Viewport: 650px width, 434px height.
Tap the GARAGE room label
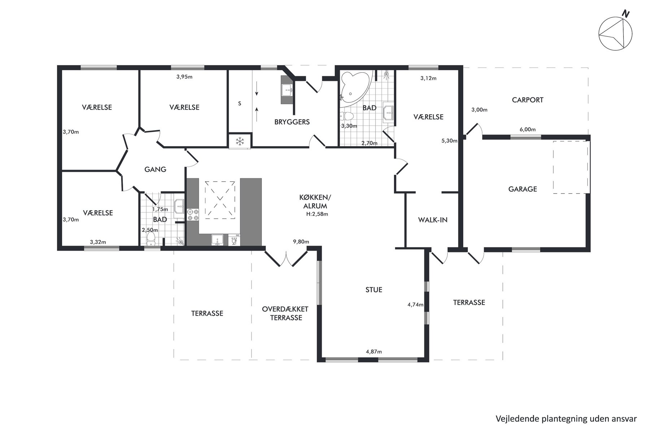point(523,189)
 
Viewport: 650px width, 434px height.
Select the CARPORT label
point(528,100)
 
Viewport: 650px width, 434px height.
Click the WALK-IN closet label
point(433,220)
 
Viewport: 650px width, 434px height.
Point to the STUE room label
point(373,290)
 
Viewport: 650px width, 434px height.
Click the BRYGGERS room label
point(292,122)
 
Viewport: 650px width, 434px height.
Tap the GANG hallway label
point(155,169)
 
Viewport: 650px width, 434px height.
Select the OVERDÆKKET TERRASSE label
point(285,314)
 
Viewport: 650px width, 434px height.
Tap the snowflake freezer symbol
point(239,141)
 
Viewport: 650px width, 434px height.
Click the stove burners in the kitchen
point(192,215)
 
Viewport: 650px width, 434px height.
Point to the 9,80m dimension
point(301,242)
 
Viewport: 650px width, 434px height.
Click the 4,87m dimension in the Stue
point(374,352)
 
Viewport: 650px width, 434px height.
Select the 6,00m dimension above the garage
point(528,129)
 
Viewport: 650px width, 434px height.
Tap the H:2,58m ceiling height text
point(317,214)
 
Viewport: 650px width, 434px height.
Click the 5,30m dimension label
point(450,141)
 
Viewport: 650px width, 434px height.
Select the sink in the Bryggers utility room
point(287,89)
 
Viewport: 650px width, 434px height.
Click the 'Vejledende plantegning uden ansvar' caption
point(566,418)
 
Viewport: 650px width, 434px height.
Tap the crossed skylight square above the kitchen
point(220,200)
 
